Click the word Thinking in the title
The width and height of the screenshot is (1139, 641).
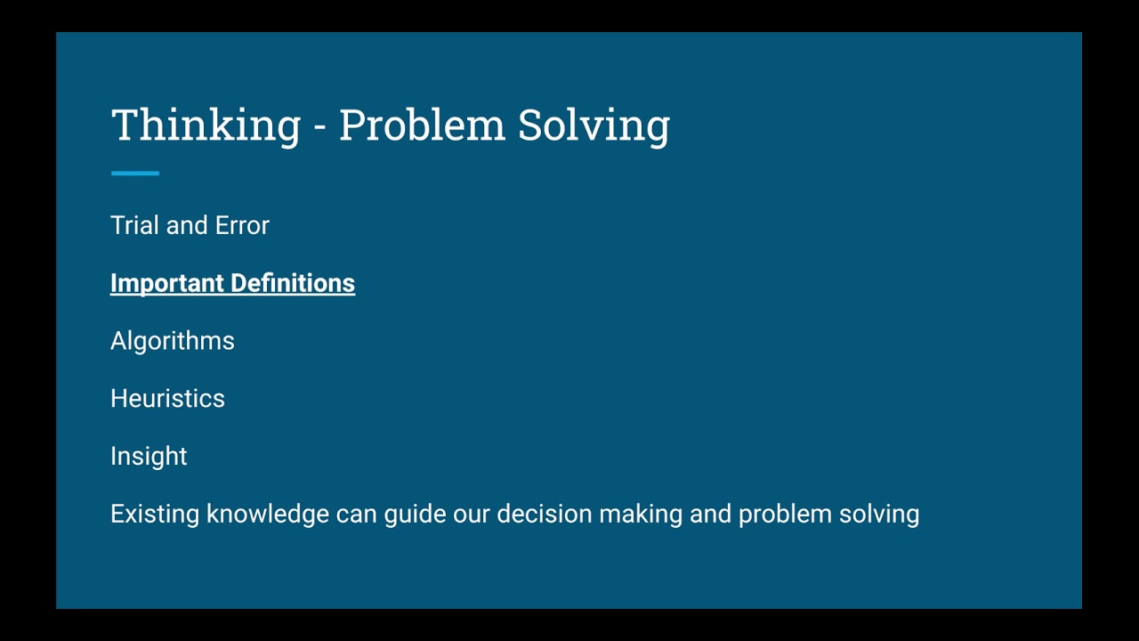pos(206,125)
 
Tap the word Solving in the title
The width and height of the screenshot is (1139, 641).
pos(594,125)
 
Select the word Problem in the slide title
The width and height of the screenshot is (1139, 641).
pos(422,125)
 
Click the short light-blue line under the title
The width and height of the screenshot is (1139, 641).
pos(135,174)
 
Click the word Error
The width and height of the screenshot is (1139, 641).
pos(242,225)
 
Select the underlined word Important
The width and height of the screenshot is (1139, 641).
pos(166,283)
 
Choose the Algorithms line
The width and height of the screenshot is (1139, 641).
pos(173,341)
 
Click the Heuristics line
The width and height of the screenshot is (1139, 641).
pos(167,399)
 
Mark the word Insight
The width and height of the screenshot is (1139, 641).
pos(149,457)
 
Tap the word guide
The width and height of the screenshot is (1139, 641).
pos(415,514)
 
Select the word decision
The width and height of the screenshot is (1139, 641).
pos(544,514)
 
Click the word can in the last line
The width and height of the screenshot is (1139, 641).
pos(356,514)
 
